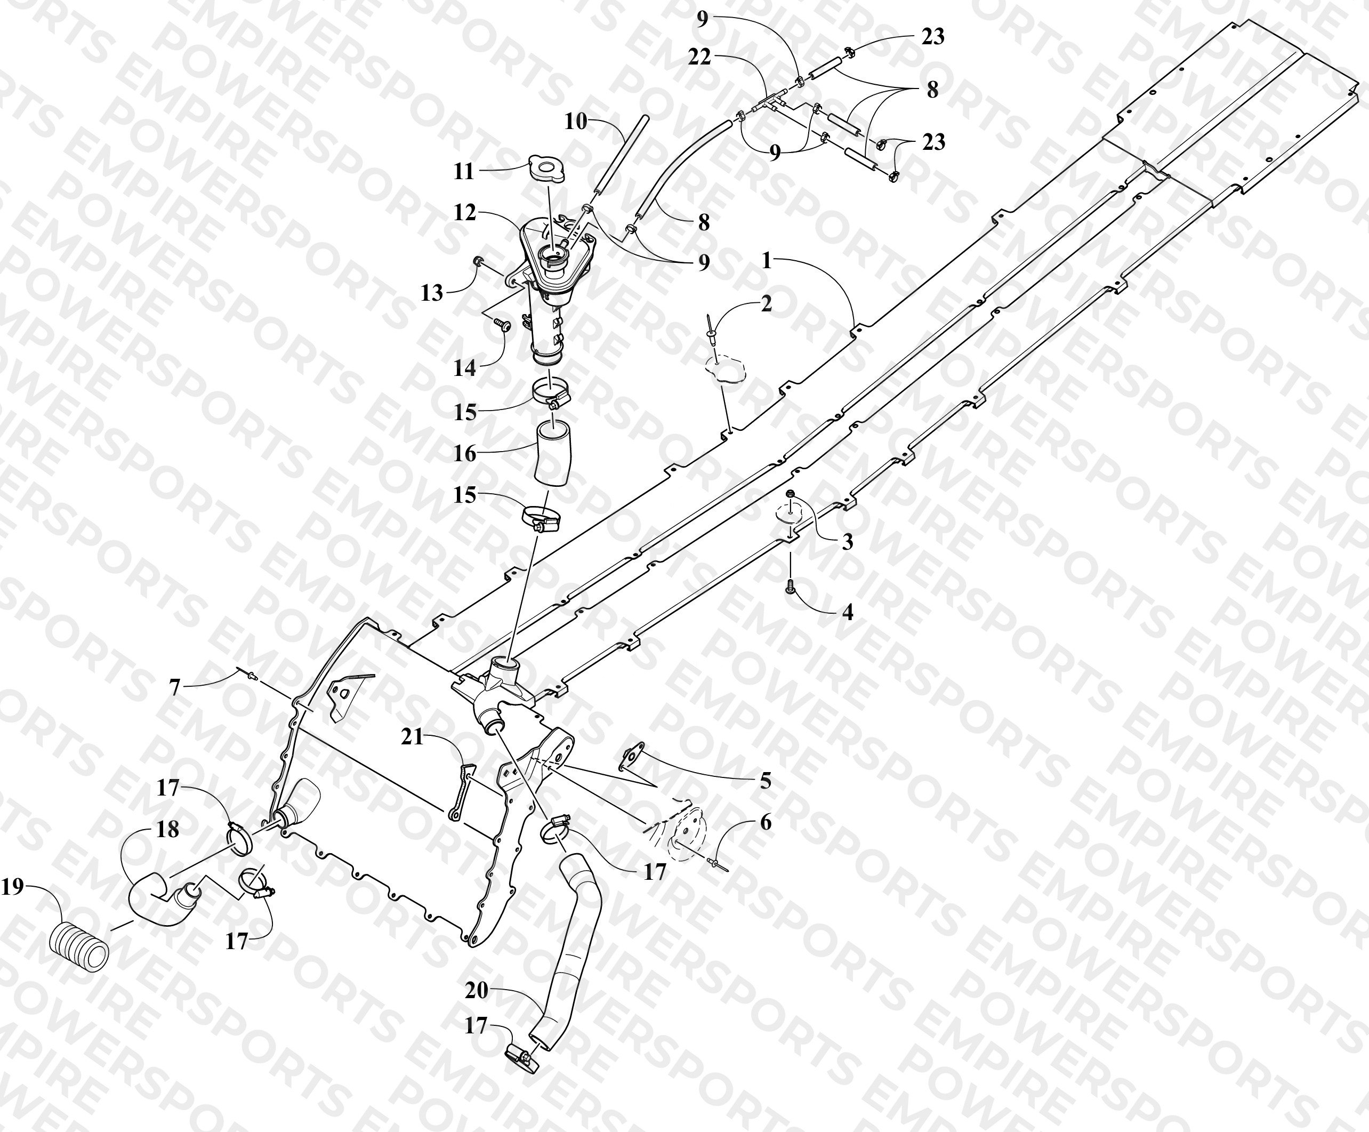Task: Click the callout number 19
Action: point(12,886)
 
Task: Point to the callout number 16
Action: point(465,453)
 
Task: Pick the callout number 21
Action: point(412,737)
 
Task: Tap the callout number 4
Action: point(848,612)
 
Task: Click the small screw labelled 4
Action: point(791,586)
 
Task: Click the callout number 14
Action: point(465,368)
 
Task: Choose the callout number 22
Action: point(699,58)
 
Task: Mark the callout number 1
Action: point(767,261)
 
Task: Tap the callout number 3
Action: point(847,542)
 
